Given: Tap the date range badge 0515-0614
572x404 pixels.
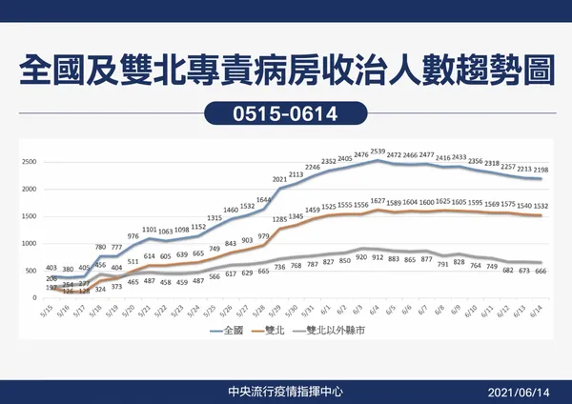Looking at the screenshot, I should pyautogui.click(x=286, y=113).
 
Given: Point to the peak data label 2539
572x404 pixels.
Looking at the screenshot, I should pyautogui.click(x=378, y=151).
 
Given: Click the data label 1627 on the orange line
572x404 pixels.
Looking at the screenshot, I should pyautogui.click(x=378, y=201).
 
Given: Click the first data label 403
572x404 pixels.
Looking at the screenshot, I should pyautogui.click(x=51, y=268).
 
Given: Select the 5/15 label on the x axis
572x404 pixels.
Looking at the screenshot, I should pyautogui.click(x=49, y=312).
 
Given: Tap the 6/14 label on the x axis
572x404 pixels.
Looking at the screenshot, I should pyautogui.click(x=541, y=312).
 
